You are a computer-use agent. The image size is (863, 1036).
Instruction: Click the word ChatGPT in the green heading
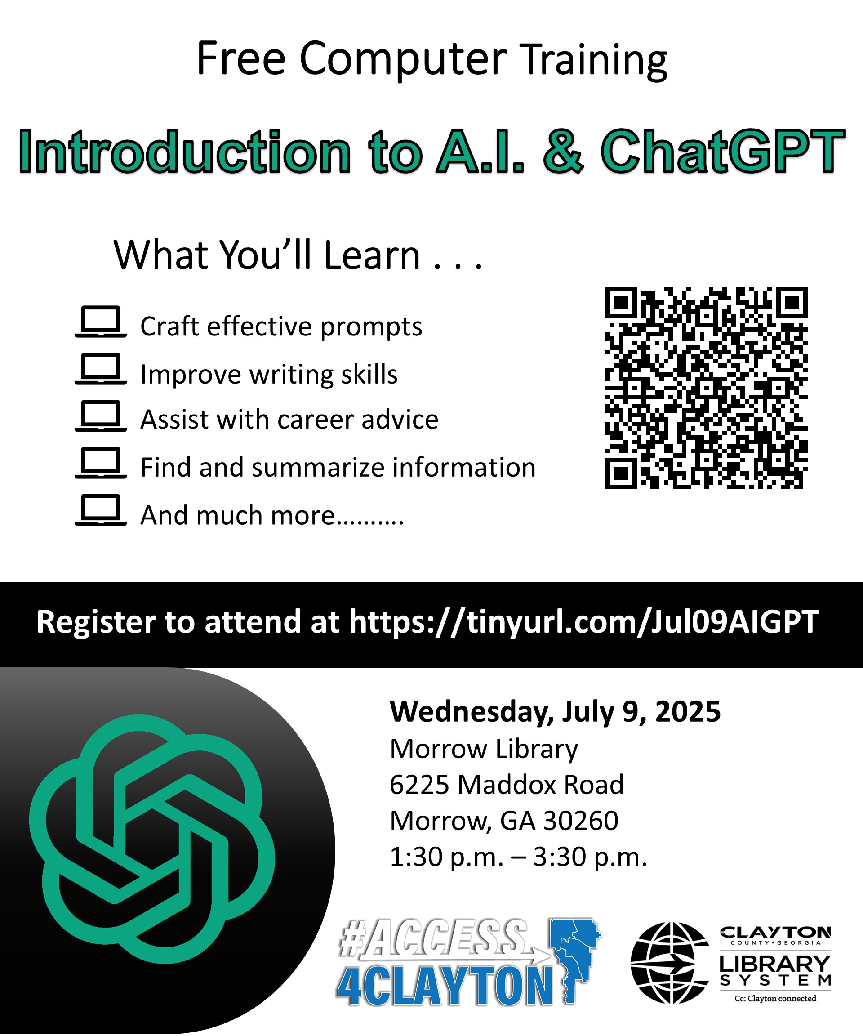(x=723, y=152)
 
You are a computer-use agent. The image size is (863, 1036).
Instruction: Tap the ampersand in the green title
(x=563, y=152)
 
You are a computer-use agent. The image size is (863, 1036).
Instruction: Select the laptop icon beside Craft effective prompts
(x=101, y=322)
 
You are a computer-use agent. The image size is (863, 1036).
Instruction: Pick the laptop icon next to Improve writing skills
(x=101, y=369)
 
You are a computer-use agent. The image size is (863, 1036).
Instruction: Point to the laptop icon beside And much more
(x=101, y=509)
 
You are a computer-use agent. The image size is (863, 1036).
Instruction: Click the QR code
(x=706, y=388)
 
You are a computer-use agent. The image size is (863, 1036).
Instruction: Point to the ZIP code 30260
(x=580, y=821)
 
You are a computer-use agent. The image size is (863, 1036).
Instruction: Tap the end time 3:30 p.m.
(x=590, y=857)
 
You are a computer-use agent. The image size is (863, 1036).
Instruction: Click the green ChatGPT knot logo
(x=151, y=839)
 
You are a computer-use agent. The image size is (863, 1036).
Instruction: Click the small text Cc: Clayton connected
(x=775, y=999)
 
